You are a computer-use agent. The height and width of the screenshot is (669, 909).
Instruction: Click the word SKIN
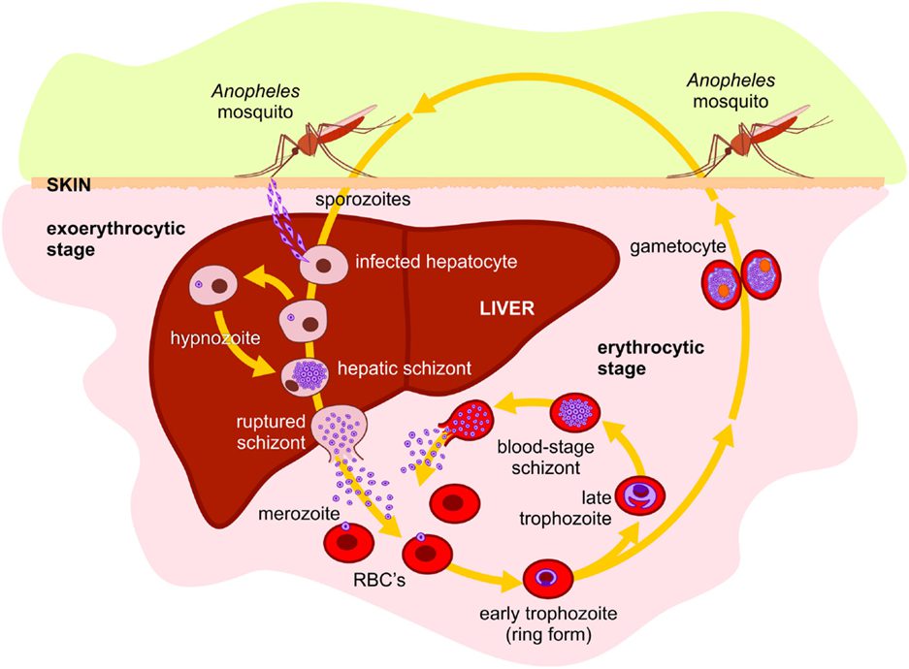(x=69, y=185)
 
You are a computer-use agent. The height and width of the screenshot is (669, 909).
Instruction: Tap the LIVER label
(x=506, y=308)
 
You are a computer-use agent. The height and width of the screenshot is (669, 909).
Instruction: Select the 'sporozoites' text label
(x=363, y=200)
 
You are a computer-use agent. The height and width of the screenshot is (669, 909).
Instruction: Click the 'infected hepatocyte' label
(x=436, y=262)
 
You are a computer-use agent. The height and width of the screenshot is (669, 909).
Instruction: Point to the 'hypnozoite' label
(x=215, y=337)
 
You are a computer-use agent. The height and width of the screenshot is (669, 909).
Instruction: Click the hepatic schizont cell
(x=305, y=378)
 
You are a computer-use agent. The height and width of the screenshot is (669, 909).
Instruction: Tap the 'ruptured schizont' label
(x=271, y=432)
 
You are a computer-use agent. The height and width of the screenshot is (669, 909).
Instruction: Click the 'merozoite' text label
(x=299, y=513)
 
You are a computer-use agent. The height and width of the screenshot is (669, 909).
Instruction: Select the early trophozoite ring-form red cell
(x=548, y=578)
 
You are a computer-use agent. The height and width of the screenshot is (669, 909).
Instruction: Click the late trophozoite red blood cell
(x=639, y=495)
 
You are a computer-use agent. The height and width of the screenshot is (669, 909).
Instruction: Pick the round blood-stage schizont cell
(x=574, y=412)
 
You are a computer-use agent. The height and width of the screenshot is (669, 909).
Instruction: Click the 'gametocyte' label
(x=678, y=246)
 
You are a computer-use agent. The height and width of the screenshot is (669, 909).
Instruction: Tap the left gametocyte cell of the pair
(x=722, y=283)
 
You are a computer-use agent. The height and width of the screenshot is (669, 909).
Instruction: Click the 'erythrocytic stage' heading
(x=650, y=358)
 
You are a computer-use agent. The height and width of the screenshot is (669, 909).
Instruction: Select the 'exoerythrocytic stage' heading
(x=116, y=239)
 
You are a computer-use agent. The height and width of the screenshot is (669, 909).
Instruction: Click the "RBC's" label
(x=379, y=579)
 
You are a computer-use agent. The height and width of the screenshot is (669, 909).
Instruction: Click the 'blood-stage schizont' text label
(x=545, y=457)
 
